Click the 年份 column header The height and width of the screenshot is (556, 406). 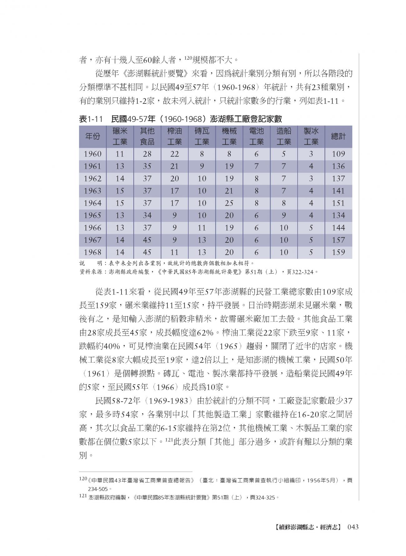92,137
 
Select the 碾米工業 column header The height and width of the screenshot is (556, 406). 120,137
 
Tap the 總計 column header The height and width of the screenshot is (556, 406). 339,137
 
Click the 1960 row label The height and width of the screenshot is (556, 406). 92,154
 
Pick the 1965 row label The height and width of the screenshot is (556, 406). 92,215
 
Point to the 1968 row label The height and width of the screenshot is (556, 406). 92,252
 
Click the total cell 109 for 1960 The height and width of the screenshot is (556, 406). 339,154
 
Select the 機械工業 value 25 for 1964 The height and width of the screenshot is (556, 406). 229,203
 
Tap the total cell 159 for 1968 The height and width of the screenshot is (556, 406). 339,252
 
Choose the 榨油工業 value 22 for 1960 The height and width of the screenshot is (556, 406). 174,154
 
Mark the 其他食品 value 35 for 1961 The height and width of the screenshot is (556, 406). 147,166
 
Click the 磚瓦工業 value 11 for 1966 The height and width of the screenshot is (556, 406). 202,228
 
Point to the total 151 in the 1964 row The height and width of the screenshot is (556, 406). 339,203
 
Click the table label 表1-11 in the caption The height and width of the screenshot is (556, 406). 91,119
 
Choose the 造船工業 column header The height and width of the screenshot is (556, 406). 284,137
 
